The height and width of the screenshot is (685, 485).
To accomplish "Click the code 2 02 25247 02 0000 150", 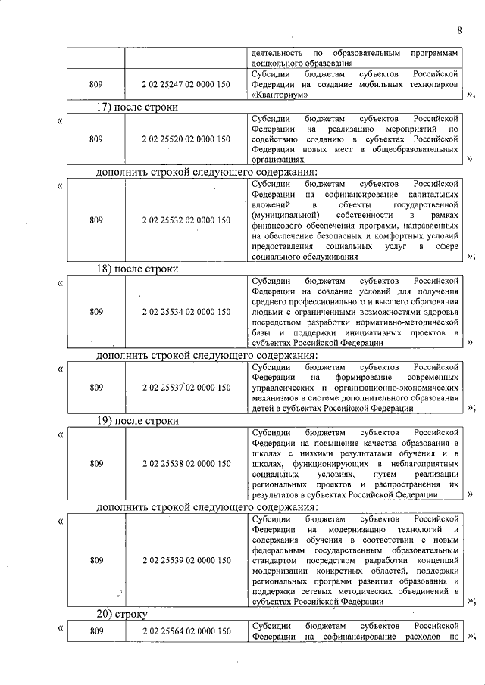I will tap(186, 86).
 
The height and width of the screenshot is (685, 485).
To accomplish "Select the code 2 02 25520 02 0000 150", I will tap(186, 139).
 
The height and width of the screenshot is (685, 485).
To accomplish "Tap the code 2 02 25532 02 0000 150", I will tap(186, 220).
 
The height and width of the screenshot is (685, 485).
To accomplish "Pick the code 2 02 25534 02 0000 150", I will tap(186, 311).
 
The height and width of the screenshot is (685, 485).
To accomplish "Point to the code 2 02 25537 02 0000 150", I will tap(186, 388).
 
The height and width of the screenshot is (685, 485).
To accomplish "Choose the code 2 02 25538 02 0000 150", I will tap(186, 462).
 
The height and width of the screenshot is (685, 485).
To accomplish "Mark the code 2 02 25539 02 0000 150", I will tap(186, 561).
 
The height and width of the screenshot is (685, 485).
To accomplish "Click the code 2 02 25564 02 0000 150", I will tap(186, 631).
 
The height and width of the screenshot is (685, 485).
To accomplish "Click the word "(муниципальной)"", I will tap(283, 215).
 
